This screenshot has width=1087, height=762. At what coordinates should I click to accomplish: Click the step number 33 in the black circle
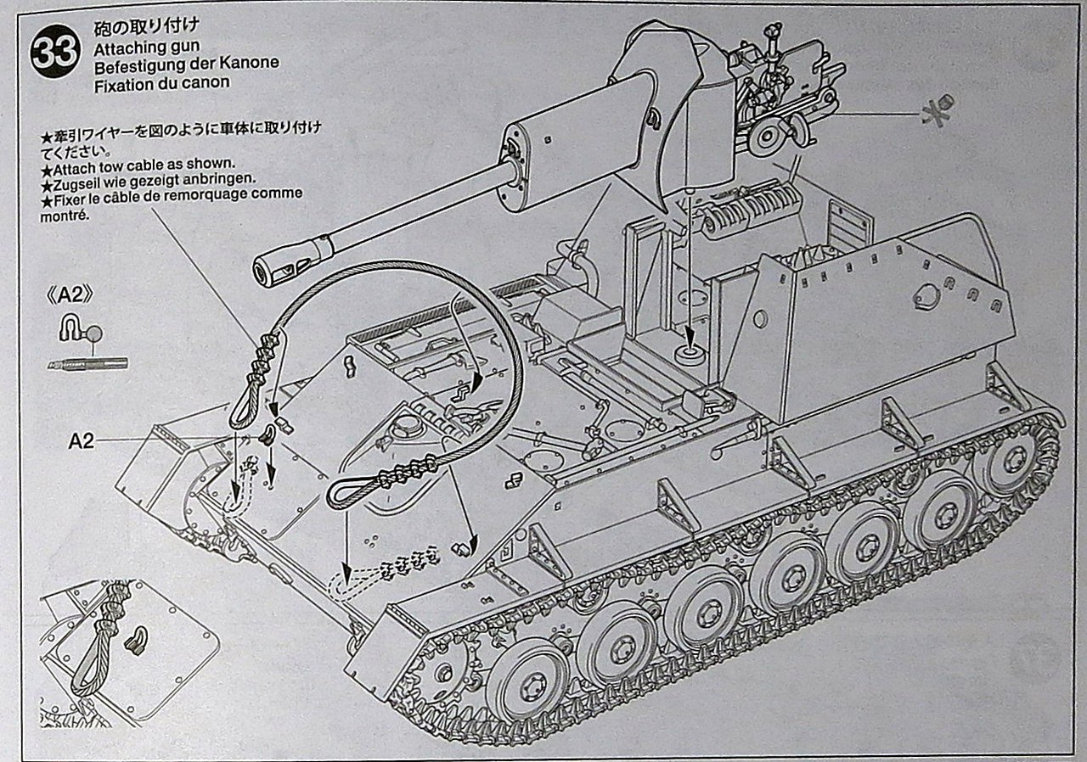point(55,54)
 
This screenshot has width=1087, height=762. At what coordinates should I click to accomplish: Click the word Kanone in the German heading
point(247,63)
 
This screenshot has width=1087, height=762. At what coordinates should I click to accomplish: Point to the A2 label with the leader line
point(82,440)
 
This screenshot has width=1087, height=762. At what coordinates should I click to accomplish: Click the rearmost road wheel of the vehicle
point(1013,460)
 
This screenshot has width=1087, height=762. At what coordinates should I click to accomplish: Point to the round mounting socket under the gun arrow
point(688,353)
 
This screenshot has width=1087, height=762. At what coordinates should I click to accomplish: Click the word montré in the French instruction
point(64,216)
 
